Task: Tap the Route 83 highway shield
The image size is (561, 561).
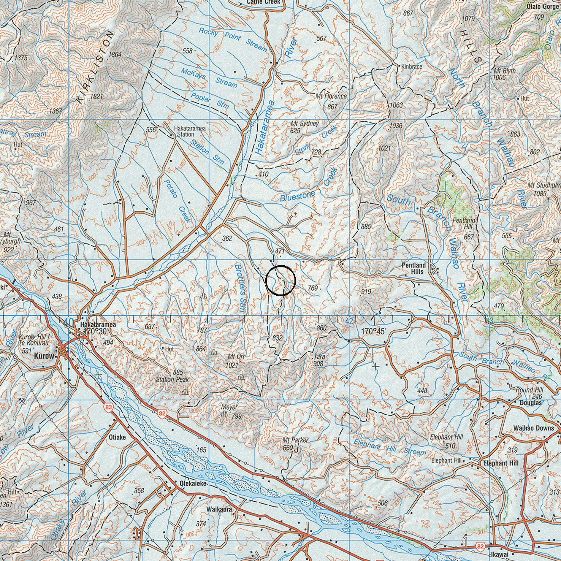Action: tap(108, 407)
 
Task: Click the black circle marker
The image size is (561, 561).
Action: tap(280, 280)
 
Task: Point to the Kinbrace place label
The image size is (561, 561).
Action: tap(411, 66)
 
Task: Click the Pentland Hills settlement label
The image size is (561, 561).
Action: tap(413, 268)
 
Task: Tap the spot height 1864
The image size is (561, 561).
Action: tap(115, 55)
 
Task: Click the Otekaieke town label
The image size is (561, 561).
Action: tap(193, 484)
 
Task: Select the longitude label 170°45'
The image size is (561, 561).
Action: tap(374, 331)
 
